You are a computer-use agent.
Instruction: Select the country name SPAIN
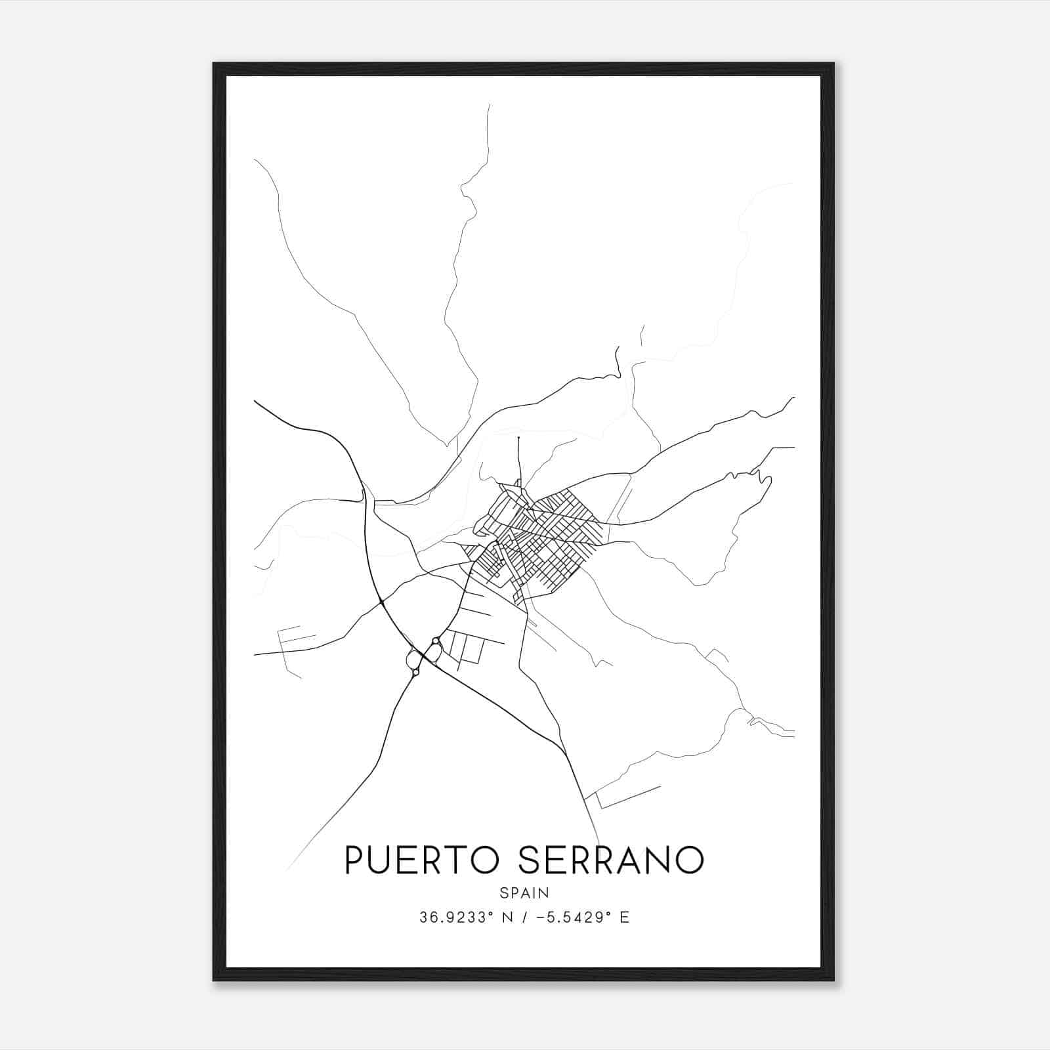click(524, 892)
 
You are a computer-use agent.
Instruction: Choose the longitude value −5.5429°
click(575, 917)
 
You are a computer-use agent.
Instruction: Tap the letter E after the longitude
click(625, 917)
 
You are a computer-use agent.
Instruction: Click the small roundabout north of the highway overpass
click(436, 640)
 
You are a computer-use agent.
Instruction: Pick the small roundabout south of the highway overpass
click(415, 672)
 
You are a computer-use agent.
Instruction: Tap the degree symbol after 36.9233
click(490, 913)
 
